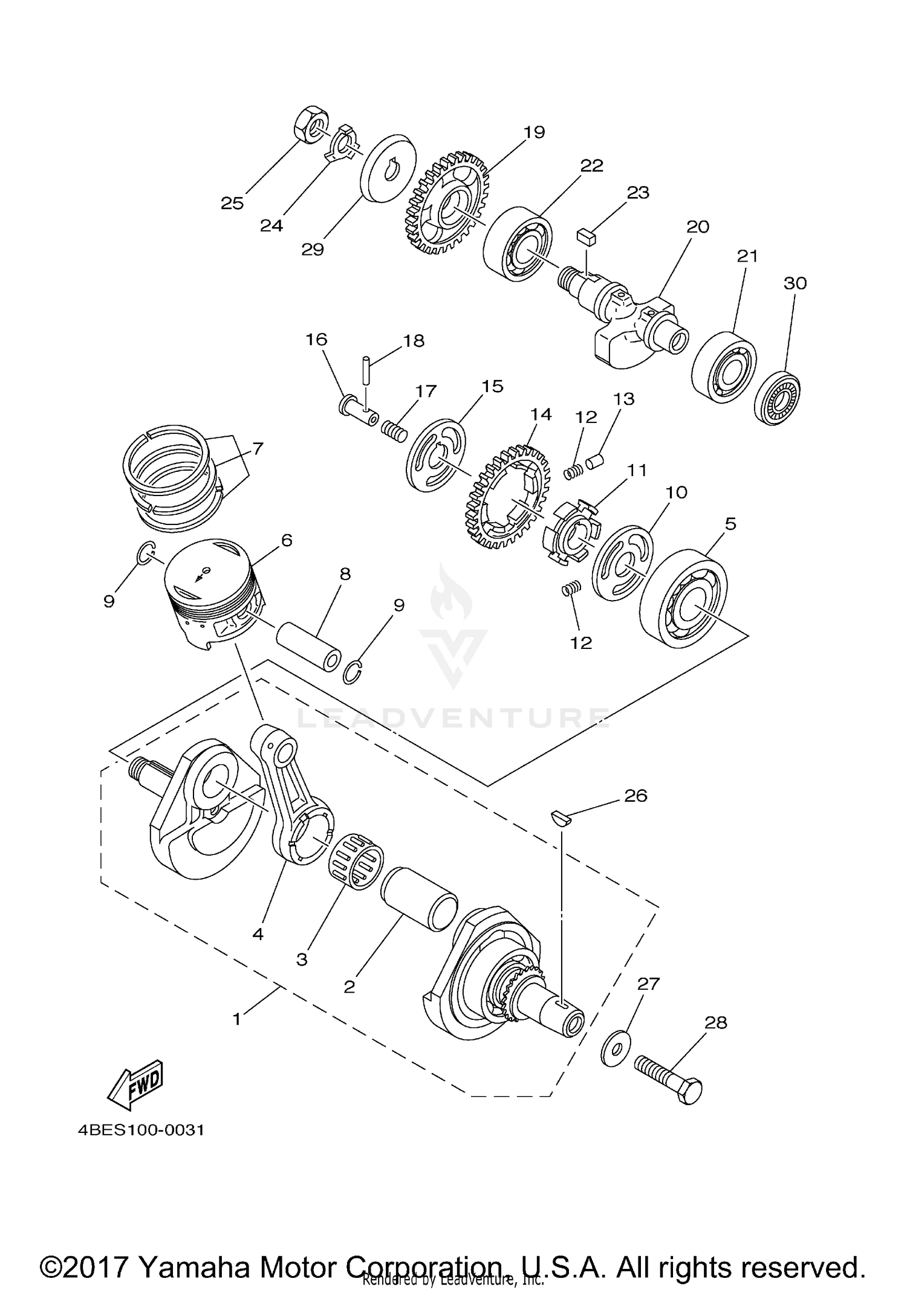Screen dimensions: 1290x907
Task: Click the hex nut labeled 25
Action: pos(310,124)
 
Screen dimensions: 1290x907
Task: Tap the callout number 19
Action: pos(535,132)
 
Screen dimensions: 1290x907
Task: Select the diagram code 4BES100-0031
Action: pos(141,1129)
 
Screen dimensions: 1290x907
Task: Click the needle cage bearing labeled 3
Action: pos(356,860)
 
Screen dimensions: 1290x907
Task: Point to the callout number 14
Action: pos(541,414)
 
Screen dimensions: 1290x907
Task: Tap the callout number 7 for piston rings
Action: pos(258,449)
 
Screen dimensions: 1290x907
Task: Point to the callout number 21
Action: pos(747,256)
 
